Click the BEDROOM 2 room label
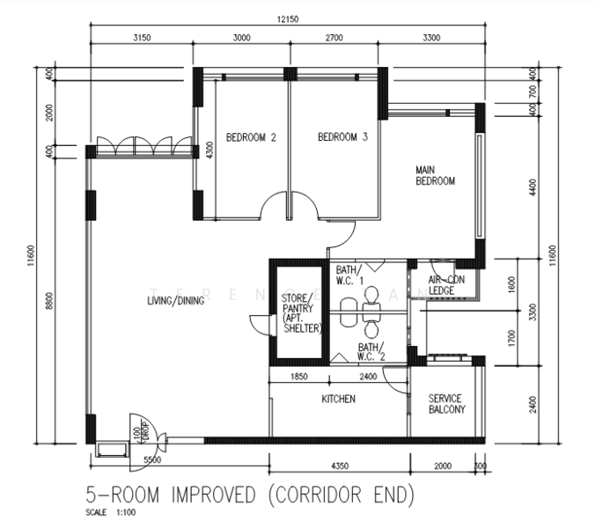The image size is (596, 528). [x=251, y=137]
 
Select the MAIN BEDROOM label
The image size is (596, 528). [x=435, y=175]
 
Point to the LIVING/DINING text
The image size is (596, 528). [x=176, y=301]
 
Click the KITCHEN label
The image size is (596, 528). [x=338, y=399]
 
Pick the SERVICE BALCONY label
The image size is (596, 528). [x=446, y=404]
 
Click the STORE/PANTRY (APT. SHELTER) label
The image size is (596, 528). [x=301, y=313]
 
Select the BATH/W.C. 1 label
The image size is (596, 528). [x=349, y=275]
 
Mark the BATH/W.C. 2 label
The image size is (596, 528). [x=371, y=353]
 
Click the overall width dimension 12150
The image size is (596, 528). [x=287, y=20]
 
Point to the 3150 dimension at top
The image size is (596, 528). [x=143, y=38]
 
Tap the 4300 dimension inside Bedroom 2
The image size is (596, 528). [x=209, y=150]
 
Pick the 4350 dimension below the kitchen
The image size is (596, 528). [x=338, y=464]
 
